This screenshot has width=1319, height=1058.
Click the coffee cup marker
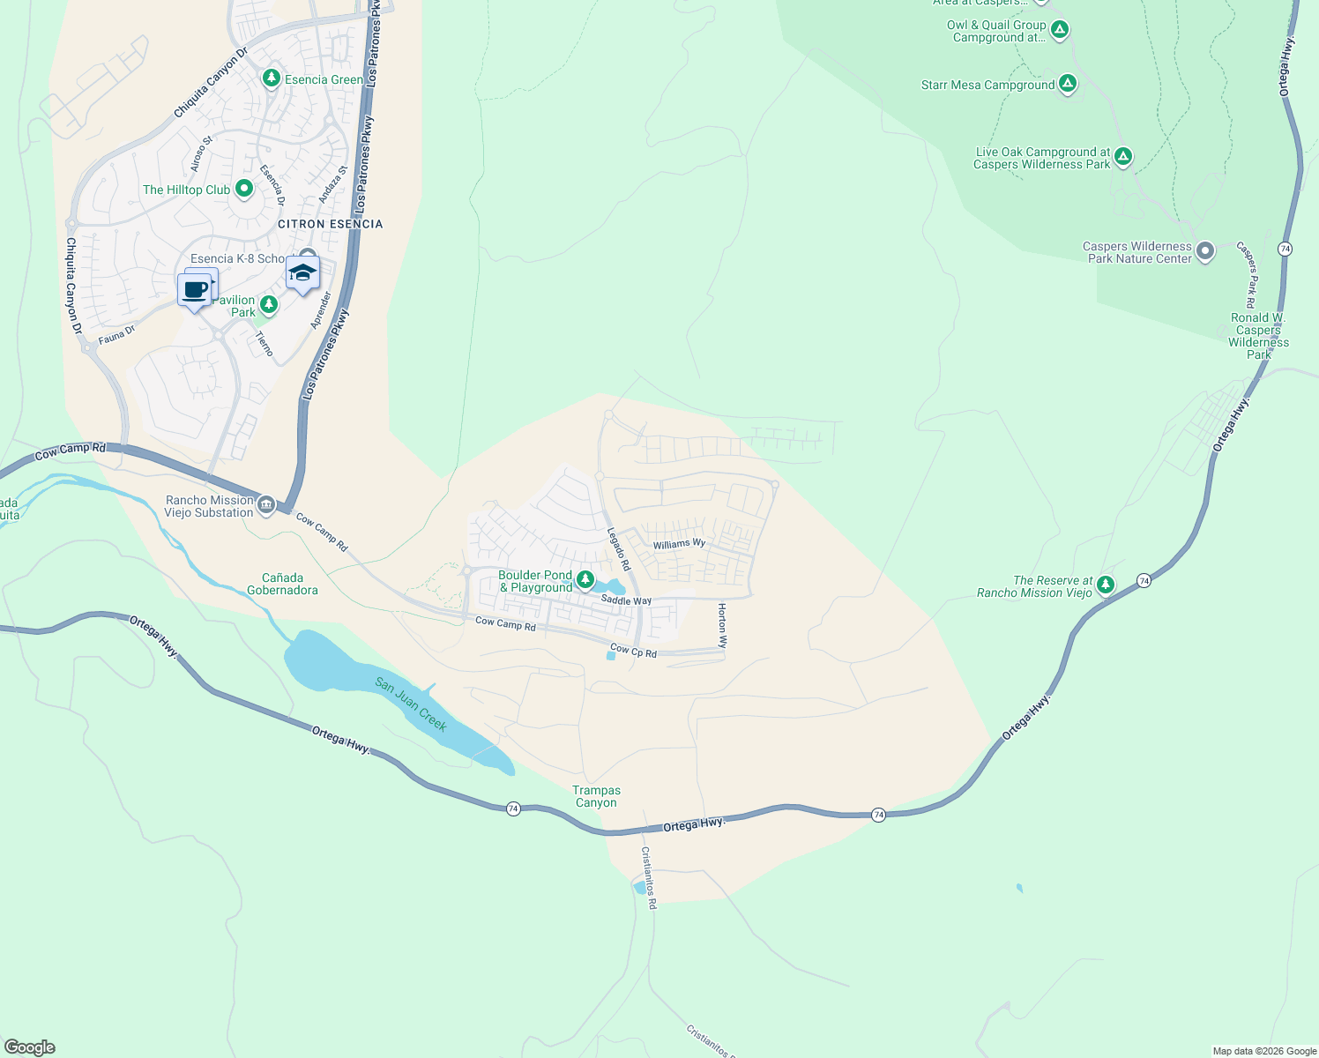(194, 289)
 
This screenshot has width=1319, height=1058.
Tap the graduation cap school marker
(302, 273)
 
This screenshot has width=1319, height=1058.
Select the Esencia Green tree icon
(272, 79)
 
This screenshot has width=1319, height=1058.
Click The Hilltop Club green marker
(244, 189)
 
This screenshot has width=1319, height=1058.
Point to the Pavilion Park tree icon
(269, 305)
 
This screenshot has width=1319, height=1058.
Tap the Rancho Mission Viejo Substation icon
(266, 505)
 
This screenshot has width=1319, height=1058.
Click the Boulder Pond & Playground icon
(585, 579)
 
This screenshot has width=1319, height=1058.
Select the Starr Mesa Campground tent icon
(1068, 85)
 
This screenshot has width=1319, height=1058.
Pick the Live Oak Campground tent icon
(1122, 157)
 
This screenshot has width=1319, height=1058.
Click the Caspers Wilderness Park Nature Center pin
(1205, 251)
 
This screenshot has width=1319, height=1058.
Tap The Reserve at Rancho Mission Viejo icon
(1106, 585)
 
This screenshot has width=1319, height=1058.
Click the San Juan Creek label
(411, 704)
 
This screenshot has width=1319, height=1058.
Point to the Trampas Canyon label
(596, 796)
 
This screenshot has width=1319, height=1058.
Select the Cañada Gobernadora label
(282, 584)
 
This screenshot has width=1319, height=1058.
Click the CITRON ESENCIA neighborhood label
(331, 224)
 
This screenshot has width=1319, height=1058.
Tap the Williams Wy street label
(679, 544)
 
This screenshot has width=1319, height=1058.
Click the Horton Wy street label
(722, 626)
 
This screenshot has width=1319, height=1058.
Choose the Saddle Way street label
(626, 600)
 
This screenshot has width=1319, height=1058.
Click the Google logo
(30, 1047)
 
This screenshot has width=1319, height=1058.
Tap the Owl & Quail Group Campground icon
(1060, 30)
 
